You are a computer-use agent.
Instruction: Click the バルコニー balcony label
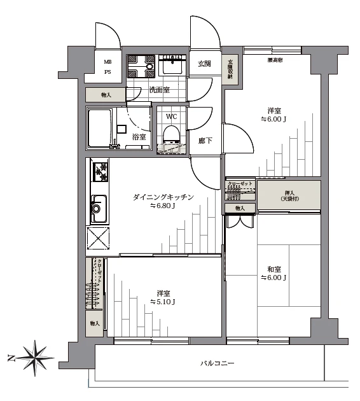[217, 363]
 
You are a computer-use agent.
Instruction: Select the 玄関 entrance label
[204, 64]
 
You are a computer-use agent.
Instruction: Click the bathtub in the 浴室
[100, 127]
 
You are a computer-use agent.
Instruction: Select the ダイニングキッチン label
[163, 197]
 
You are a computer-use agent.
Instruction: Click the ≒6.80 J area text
[163, 206]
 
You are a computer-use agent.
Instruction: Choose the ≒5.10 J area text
[163, 302]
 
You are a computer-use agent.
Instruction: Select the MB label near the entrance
[108, 61]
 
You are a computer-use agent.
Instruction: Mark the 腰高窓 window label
[275, 59]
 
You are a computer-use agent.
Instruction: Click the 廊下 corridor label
[205, 141]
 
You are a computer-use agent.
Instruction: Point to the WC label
[171, 116]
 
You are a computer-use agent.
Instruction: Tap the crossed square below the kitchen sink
[99, 240]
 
